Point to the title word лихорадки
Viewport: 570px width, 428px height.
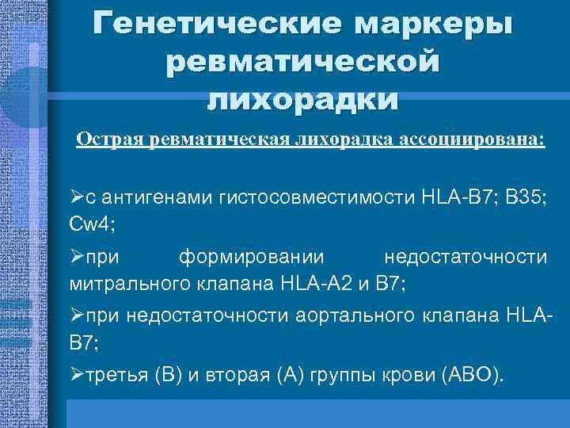coord(302,99)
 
